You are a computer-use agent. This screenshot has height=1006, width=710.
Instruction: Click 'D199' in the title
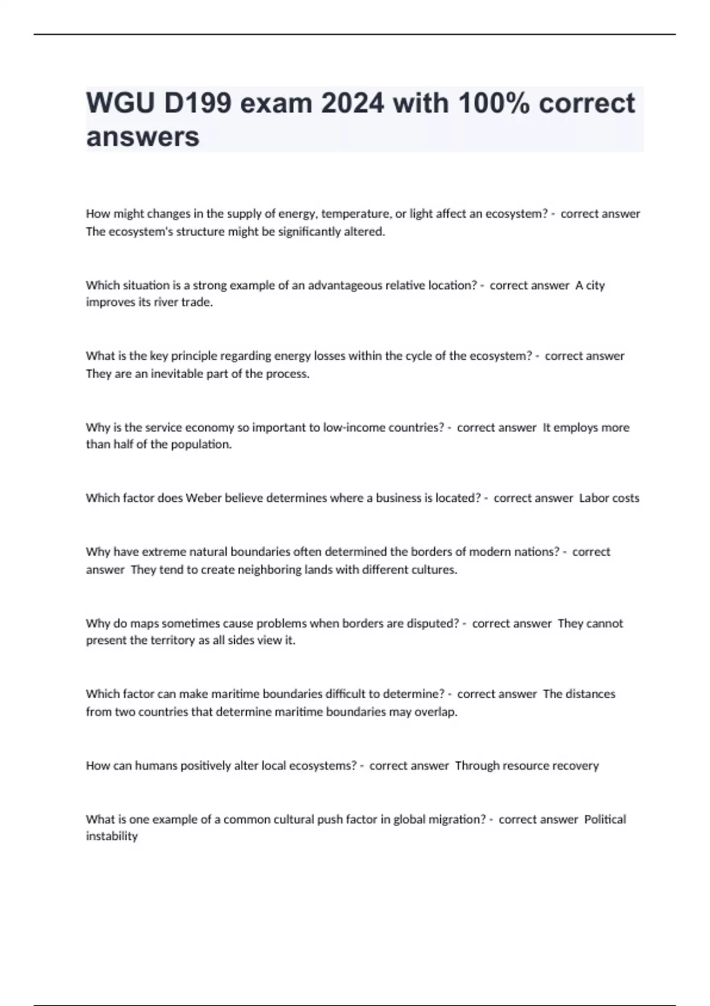[198, 104]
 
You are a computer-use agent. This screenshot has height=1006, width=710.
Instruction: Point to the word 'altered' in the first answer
[366, 231]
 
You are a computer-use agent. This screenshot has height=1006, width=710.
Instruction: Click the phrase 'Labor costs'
[609, 498]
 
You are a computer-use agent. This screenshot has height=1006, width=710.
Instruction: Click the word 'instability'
[112, 836]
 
